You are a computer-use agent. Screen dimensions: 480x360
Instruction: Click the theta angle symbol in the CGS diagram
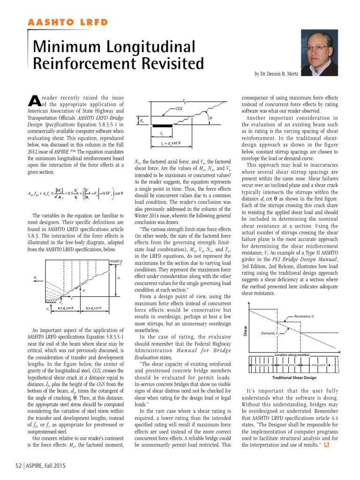coord(211,118)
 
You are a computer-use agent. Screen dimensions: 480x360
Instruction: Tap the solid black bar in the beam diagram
coord(162,125)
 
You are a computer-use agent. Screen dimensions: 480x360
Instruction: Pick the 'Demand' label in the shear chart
coord(270,333)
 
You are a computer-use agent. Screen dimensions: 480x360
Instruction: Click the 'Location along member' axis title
coord(294,355)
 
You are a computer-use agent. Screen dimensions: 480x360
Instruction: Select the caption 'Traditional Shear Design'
coord(294,377)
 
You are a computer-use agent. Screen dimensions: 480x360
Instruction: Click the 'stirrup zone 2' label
coord(290,364)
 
